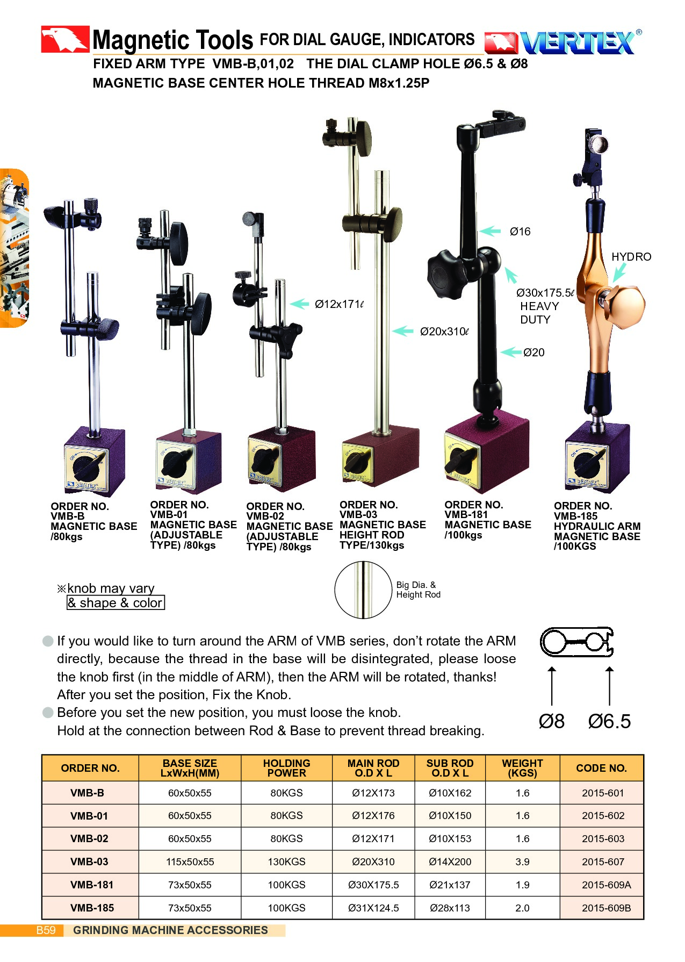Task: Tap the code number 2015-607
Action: pyautogui.click(x=603, y=862)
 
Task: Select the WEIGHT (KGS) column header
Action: pyautogui.click(x=522, y=768)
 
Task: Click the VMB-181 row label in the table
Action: pyautogui.click(x=92, y=885)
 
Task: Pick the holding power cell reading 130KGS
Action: pyautogui.click(x=286, y=862)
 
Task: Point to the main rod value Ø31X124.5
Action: pyautogui.click(x=373, y=908)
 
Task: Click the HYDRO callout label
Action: pyautogui.click(x=631, y=257)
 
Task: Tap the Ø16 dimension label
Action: pyautogui.click(x=520, y=232)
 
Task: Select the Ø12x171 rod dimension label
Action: pyautogui.click(x=339, y=304)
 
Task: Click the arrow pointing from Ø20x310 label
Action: pyautogui.click(x=402, y=331)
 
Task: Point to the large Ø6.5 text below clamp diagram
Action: pyautogui.click(x=609, y=721)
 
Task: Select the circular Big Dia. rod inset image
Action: pyautogui.click(x=363, y=590)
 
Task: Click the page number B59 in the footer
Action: pyautogui.click(x=46, y=930)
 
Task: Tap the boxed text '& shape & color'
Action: pyautogui.click(x=116, y=602)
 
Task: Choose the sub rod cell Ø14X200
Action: pyautogui.click(x=450, y=862)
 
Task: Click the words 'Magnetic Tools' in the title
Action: pyautogui.click(x=172, y=40)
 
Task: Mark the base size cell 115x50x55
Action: pyautogui.click(x=190, y=862)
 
